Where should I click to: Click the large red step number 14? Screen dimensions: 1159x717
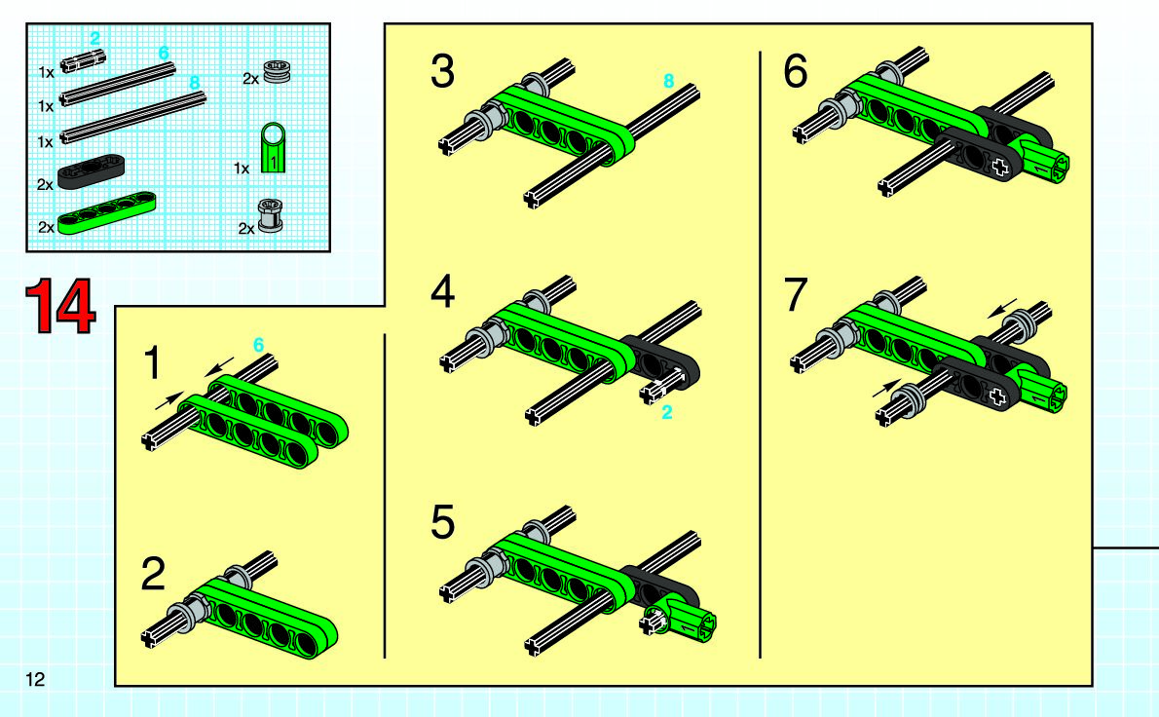pos(60,306)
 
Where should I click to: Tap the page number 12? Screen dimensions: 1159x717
pos(35,679)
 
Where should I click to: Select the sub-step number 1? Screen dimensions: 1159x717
pos(152,363)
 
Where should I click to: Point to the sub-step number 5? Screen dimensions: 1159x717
pos(443,522)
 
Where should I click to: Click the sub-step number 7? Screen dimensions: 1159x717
pos(796,294)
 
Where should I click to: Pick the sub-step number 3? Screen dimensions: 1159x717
pos(443,72)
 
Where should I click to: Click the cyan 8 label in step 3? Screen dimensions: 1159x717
pos(669,81)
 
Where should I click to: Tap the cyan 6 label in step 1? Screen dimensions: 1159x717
pos(258,345)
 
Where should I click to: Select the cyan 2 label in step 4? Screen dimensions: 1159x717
pos(667,412)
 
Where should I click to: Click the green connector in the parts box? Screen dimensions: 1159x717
pos(274,148)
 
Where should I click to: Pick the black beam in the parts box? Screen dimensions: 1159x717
pos(91,170)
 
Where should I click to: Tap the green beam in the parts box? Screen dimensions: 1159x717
pos(107,213)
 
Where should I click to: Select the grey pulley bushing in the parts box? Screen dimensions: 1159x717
pos(278,71)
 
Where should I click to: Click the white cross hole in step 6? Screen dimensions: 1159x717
pos(1000,167)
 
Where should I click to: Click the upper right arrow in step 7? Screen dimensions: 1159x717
pos(1003,308)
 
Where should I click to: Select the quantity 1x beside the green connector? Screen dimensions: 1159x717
pos(242,169)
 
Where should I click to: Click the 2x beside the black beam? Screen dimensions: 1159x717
pos(45,185)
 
